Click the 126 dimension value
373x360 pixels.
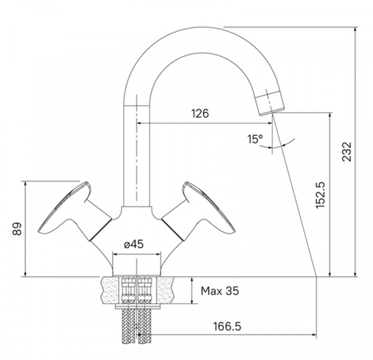(x=200, y=114)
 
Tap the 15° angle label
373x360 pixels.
(x=255, y=139)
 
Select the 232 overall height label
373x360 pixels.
(x=347, y=152)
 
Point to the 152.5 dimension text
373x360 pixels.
(x=320, y=195)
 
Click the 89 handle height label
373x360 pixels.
(x=17, y=229)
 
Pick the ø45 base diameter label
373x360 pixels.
(x=134, y=244)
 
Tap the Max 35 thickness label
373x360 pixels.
(x=220, y=291)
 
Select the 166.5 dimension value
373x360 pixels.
(x=227, y=326)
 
